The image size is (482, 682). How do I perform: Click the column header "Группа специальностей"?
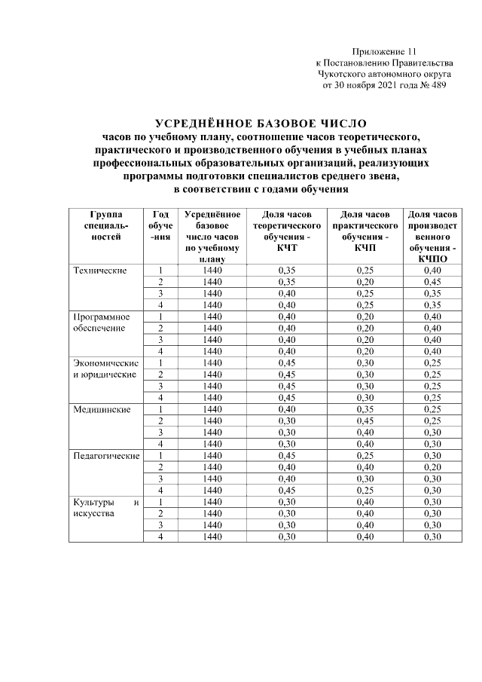click(x=105, y=226)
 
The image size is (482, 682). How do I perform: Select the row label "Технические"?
click(x=98, y=271)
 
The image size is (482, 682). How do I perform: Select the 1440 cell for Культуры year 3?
click(x=212, y=524)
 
